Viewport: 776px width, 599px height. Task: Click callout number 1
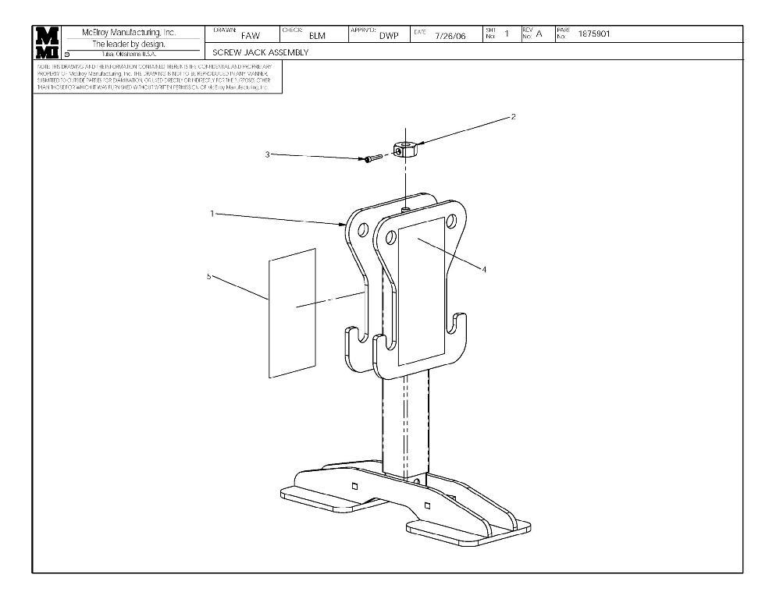coord(212,214)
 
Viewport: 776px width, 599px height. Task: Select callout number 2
coord(513,117)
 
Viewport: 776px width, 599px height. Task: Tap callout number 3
coord(267,154)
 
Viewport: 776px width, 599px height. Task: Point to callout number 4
coord(484,270)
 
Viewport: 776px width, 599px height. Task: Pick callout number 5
coord(208,277)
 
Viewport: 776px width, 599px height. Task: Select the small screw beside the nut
coord(371,158)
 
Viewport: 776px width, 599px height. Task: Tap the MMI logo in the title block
coord(48,43)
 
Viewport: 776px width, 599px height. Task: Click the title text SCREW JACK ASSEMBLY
coord(261,53)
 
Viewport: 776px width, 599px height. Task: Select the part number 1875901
coord(594,34)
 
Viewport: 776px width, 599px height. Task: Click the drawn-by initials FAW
coord(251,36)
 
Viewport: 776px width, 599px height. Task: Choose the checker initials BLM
coord(317,36)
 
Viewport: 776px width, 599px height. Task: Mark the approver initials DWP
coord(389,36)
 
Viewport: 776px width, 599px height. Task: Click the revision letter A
coord(539,34)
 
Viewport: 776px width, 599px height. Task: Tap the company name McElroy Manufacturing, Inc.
coord(129,33)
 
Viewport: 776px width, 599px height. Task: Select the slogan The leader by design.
coord(129,44)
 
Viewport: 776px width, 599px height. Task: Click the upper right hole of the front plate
coord(451,219)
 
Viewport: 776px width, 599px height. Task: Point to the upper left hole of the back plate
coord(361,231)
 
